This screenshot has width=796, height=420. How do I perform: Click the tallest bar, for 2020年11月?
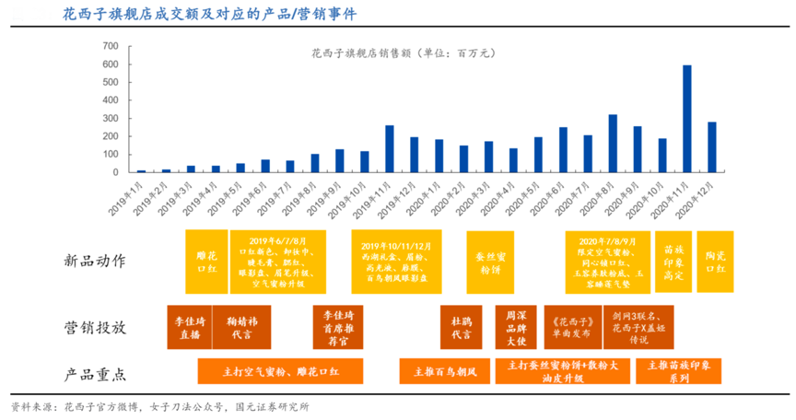click(x=687, y=119)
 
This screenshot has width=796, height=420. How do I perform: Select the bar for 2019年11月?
click(x=390, y=149)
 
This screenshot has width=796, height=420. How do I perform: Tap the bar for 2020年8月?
click(x=613, y=144)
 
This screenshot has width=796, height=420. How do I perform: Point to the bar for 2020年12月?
click(x=712, y=147)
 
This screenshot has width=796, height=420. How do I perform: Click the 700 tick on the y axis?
click(x=111, y=46)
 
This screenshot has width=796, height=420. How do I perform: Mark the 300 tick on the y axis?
click(x=111, y=118)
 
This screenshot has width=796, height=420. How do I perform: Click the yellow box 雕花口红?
click(x=205, y=262)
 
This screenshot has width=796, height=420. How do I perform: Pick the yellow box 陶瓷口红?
click(x=715, y=262)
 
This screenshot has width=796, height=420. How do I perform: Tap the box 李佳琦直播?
click(x=188, y=328)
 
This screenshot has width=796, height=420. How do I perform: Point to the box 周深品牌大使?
click(x=515, y=328)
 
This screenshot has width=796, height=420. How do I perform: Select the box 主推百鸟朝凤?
click(x=445, y=372)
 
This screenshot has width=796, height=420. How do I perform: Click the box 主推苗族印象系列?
click(x=678, y=372)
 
